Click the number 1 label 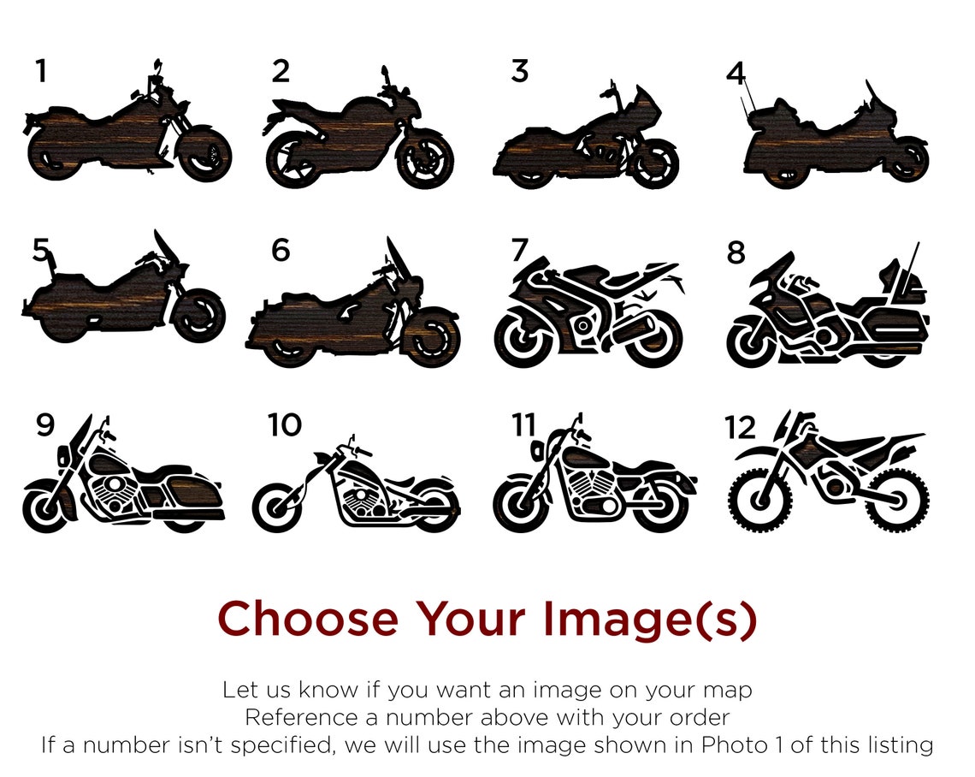(40, 71)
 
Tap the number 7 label (519, 250)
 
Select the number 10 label (285, 424)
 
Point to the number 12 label (741, 426)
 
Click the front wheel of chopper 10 (277, 507)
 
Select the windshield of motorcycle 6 (398, 257)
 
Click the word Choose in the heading (308, 619)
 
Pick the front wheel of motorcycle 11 (518, 505)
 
